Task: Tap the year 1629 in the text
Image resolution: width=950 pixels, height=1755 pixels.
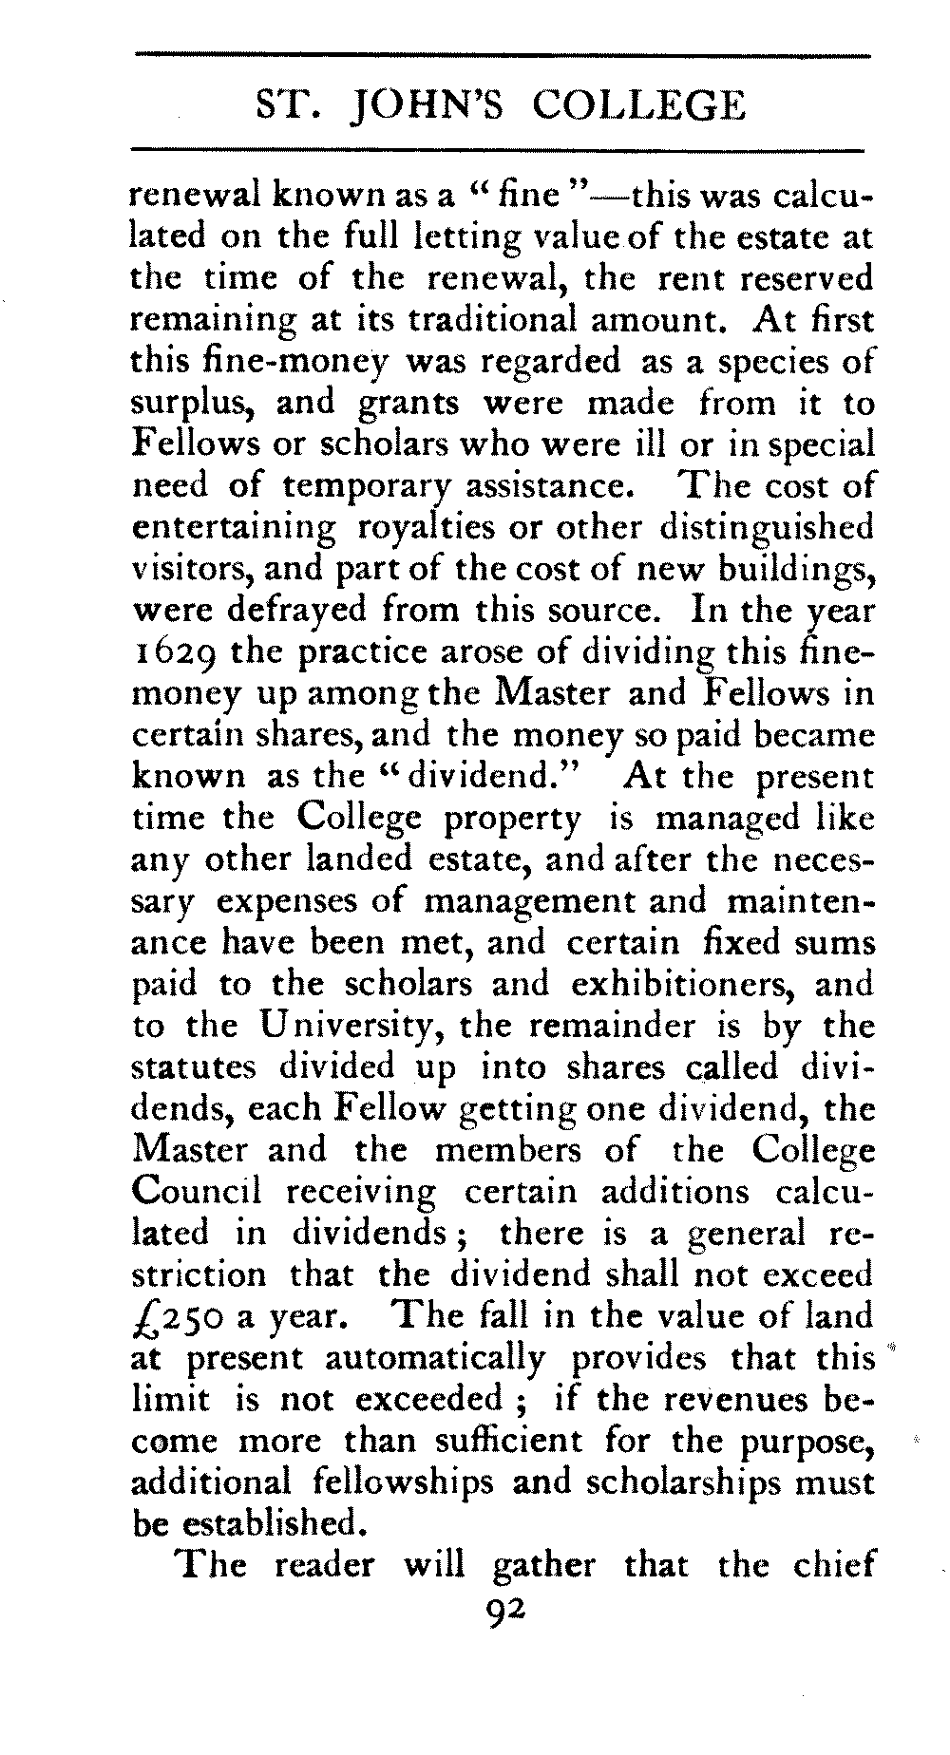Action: pyautogui.click(x=173, y=653)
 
